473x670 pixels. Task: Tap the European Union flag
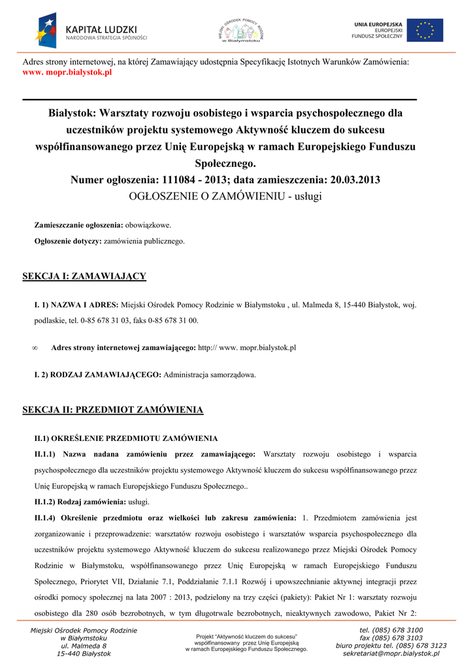tap(425, 30)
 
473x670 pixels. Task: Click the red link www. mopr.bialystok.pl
tap(67, 72)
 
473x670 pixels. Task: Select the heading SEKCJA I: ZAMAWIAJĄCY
tap(84, 276)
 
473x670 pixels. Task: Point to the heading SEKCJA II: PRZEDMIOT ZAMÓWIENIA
tap(112, 410)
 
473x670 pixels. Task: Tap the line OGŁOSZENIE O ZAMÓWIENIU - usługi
tap(225, 196)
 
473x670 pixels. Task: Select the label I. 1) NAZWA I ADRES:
tap(76, 305)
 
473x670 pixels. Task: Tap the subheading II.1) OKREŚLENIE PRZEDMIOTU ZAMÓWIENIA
tap(126, 438)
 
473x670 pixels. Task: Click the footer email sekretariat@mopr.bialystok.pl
tap(391, 653)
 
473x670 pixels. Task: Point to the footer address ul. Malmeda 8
tap(84, 646)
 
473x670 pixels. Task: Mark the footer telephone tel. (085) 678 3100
tap(391, 630)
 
